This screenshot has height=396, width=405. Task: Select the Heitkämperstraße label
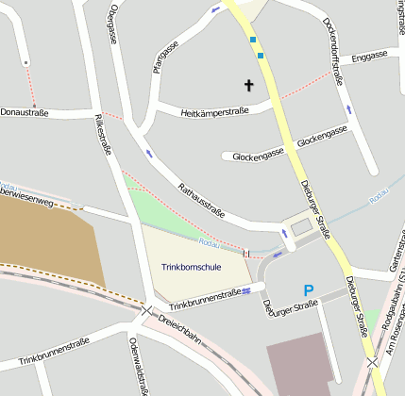click(214, 112)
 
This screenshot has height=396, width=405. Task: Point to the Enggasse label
click(368, 57)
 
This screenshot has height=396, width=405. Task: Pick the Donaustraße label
click(25, 110)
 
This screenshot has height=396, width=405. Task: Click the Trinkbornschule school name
click(193, 267)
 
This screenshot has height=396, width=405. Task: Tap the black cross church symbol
click(249, 85)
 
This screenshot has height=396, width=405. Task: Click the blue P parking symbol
click(308, 291)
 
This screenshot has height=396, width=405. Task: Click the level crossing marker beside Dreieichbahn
click(147, 310)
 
